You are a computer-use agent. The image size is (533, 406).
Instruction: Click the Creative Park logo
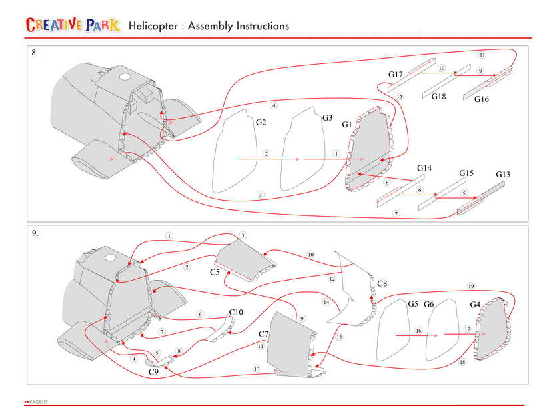[x=73, y=25]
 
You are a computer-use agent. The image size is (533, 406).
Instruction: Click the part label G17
[x=396, y=75]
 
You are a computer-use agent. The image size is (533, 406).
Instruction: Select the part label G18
[x=438, y=97]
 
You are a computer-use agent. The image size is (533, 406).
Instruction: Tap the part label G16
[x=482, y=99]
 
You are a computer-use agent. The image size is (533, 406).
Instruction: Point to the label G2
[x=261, y=123]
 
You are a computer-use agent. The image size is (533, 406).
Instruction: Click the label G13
[x=504, y=175]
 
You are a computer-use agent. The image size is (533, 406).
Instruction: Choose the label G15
[x=466, y=173]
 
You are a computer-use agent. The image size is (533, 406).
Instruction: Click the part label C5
[x=215, y=273]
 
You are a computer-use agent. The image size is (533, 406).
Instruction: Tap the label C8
[x=382, y=284]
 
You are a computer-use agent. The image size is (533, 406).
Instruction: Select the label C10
[x=236, y=312]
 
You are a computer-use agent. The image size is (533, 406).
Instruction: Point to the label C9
[x=153, y=373]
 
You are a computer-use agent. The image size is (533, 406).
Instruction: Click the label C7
[x=263, y=333]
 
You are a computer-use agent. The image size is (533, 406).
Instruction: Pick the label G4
[x=475, y=305]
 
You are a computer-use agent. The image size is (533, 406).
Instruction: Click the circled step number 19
[x=470, y=286]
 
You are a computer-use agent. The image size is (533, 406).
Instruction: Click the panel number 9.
[x=35, y=234]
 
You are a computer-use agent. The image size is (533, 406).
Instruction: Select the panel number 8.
[x=35, y=53]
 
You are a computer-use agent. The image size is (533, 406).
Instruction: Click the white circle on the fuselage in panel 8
[x=124, y=77]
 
